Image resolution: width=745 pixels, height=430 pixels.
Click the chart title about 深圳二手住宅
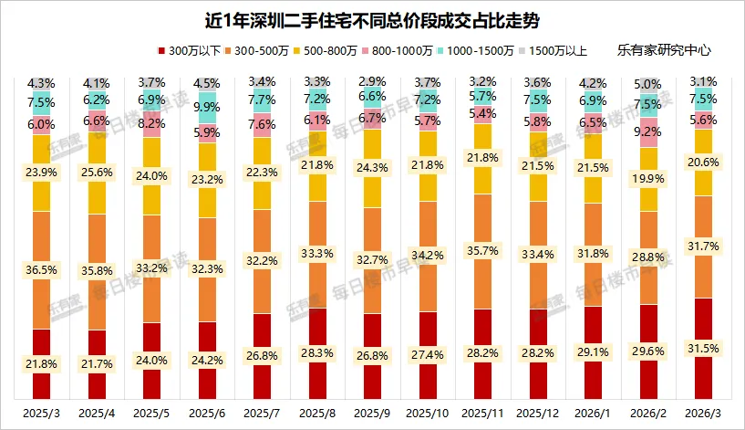pyautogui.click(x=372, y=19)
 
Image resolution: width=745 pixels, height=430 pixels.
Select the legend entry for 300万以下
pyautogui.click(x=192, y=50)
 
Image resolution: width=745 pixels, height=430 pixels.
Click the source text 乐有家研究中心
pyautogui.click(x=664, y=50)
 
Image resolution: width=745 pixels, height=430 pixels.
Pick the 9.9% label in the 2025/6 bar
pyautogui.click(x=207, y=108)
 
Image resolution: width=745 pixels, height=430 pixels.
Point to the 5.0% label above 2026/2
pyautogui.click(x=649, y=85)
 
